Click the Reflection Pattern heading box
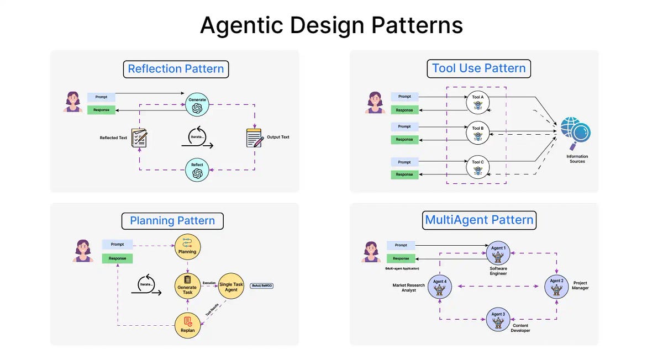[x=176, y=69]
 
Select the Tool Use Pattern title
[x=478, y=68]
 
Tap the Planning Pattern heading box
[x=172, y=221]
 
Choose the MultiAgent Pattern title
[x=479, y=220]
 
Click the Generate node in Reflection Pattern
[x=197, y=104]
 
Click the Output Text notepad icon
[x=254, y=137]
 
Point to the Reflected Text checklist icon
[x=139, y=137]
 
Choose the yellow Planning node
[x=187, y=246]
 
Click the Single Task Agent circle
[x=231, y=287]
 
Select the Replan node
[x=187, y=325]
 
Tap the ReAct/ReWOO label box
[x=262, y=286]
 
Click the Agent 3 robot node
[x=498, y=320]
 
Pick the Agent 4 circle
[x=440, y=287]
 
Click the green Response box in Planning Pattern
[x=117, y=258]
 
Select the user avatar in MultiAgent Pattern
[x=371, y=251]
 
